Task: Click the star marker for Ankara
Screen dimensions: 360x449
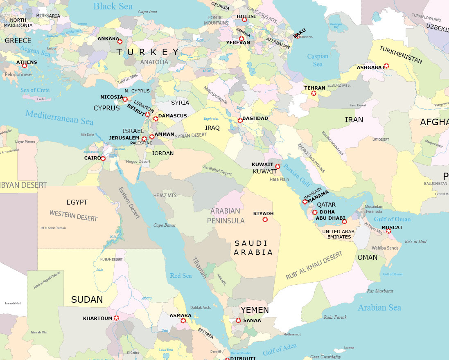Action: click(120, 41)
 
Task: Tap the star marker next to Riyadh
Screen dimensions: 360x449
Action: click(265, 220)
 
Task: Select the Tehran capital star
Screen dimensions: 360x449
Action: click(314, 93)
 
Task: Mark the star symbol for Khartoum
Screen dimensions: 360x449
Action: click(116, 318)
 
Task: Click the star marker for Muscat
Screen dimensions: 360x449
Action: click(388, 231)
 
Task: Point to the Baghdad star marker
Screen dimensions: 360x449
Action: click(240, 120)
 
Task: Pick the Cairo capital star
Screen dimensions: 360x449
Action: click(103, 158)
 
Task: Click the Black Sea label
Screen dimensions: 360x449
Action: click(113, 6)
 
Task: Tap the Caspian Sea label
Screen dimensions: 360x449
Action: click(318, 60)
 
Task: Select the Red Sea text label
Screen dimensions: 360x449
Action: click(181, 276)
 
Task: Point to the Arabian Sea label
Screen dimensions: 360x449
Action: click(379, 308)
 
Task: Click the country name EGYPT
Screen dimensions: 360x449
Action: click(77, 202)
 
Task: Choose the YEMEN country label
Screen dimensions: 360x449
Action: click(255, 310)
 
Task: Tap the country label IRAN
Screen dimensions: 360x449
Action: click(354, 120)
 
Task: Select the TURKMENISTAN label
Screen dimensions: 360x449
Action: click(401, 55)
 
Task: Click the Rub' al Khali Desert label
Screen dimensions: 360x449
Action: click(314, 266)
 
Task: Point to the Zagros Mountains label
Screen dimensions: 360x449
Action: click(311, 158)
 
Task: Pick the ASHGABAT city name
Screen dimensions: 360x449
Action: click(370, 67)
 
